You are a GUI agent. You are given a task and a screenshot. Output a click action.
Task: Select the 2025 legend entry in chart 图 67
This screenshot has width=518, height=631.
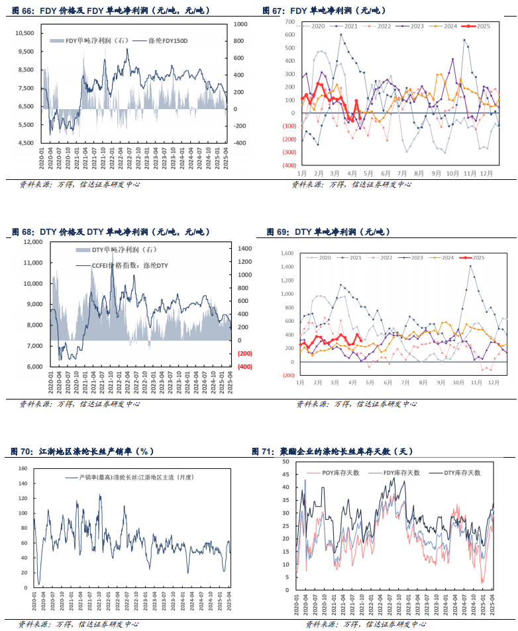point(478,26)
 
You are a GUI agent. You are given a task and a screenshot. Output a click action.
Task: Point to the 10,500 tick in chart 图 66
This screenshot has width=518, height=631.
point(24,32)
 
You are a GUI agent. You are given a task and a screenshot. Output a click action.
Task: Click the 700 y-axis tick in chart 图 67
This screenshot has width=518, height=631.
point(289,22)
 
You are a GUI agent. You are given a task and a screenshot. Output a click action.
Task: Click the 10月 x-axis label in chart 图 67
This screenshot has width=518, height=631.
point(452,173)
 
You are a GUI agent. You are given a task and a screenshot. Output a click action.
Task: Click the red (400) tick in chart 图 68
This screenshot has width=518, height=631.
point(244,366)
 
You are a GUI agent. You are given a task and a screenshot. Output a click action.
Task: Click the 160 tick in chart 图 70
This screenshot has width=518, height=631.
point(23,468)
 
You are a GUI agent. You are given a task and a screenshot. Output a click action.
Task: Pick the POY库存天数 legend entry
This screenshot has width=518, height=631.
point(340,473)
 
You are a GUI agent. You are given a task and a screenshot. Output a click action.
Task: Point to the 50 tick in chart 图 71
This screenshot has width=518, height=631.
point(286,462)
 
